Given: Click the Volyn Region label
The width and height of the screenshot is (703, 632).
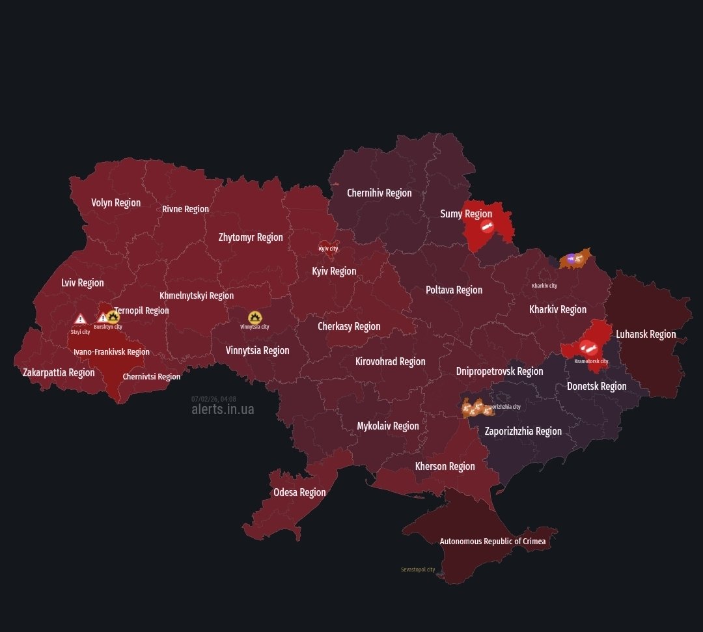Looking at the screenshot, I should (x=116, y=202).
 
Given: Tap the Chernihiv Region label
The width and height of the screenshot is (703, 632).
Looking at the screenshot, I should (x=379, y=193).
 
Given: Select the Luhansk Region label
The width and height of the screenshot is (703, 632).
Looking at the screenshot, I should (x=646, y=334).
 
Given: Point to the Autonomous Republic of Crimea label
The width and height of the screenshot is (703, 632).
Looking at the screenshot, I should (x=493, y=541).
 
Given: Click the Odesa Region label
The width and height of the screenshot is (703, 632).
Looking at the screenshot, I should (x=299, y=492).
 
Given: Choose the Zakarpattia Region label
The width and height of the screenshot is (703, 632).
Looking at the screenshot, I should (x=59, y=372).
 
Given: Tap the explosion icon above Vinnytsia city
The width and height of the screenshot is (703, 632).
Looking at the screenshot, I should (x=255, y=317).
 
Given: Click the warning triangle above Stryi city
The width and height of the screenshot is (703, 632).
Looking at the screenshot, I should (x=80, y=319).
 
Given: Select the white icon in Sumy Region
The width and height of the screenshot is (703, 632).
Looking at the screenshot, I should (x=487, y=227).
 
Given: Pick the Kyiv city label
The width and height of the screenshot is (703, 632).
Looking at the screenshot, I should (x=328, y=249).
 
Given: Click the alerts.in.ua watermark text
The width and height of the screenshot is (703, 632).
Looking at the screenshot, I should (x=223, y=409).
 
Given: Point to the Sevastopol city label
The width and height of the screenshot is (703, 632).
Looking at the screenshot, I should (x=418, y=570).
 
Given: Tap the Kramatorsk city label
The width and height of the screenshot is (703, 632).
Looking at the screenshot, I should (x=591, y=361).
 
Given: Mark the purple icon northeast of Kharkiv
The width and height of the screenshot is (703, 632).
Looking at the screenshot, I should (x=571, y=258).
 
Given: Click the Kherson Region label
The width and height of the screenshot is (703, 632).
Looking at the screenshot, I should (x=445, y=466).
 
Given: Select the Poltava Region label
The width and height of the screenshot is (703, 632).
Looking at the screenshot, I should (x=454, y=290).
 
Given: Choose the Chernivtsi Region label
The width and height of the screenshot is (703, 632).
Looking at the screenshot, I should (x=152, y=376).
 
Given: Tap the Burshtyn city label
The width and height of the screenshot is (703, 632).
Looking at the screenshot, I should (x=107, y=327).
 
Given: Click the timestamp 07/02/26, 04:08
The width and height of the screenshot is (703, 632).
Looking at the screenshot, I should (x=214, y=399).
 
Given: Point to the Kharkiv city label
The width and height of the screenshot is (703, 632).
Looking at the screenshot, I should (x=544, y=286).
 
